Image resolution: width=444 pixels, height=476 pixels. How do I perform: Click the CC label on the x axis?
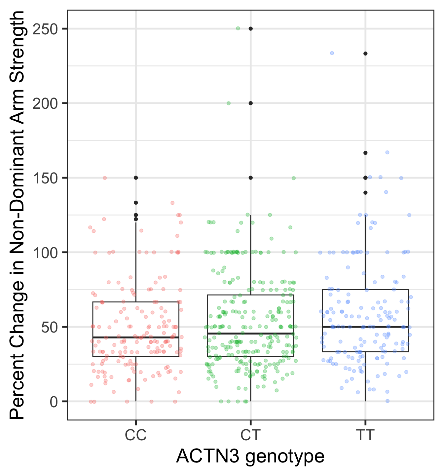coord(135,435)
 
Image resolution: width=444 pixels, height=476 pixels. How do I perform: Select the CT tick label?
coord(250,435)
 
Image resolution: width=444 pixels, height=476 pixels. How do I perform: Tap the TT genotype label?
coord(365,435)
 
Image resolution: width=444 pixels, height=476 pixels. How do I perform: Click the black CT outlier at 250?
coord(250,28)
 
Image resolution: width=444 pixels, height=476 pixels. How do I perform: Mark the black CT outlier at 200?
coord(250,103)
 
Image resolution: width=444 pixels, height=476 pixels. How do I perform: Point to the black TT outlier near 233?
coord(365,54)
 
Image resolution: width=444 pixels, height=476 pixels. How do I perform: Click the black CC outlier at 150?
coord(135,178)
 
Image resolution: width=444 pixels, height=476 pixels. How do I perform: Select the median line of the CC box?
coord(135,337)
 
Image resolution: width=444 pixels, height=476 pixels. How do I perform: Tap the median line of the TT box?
coord(365,327)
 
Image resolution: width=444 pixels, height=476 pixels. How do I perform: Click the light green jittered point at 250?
coord(238,28)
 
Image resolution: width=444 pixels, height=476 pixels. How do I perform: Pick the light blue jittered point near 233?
coord(332,53)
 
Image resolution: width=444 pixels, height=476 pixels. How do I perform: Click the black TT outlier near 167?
coord(365,153)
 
